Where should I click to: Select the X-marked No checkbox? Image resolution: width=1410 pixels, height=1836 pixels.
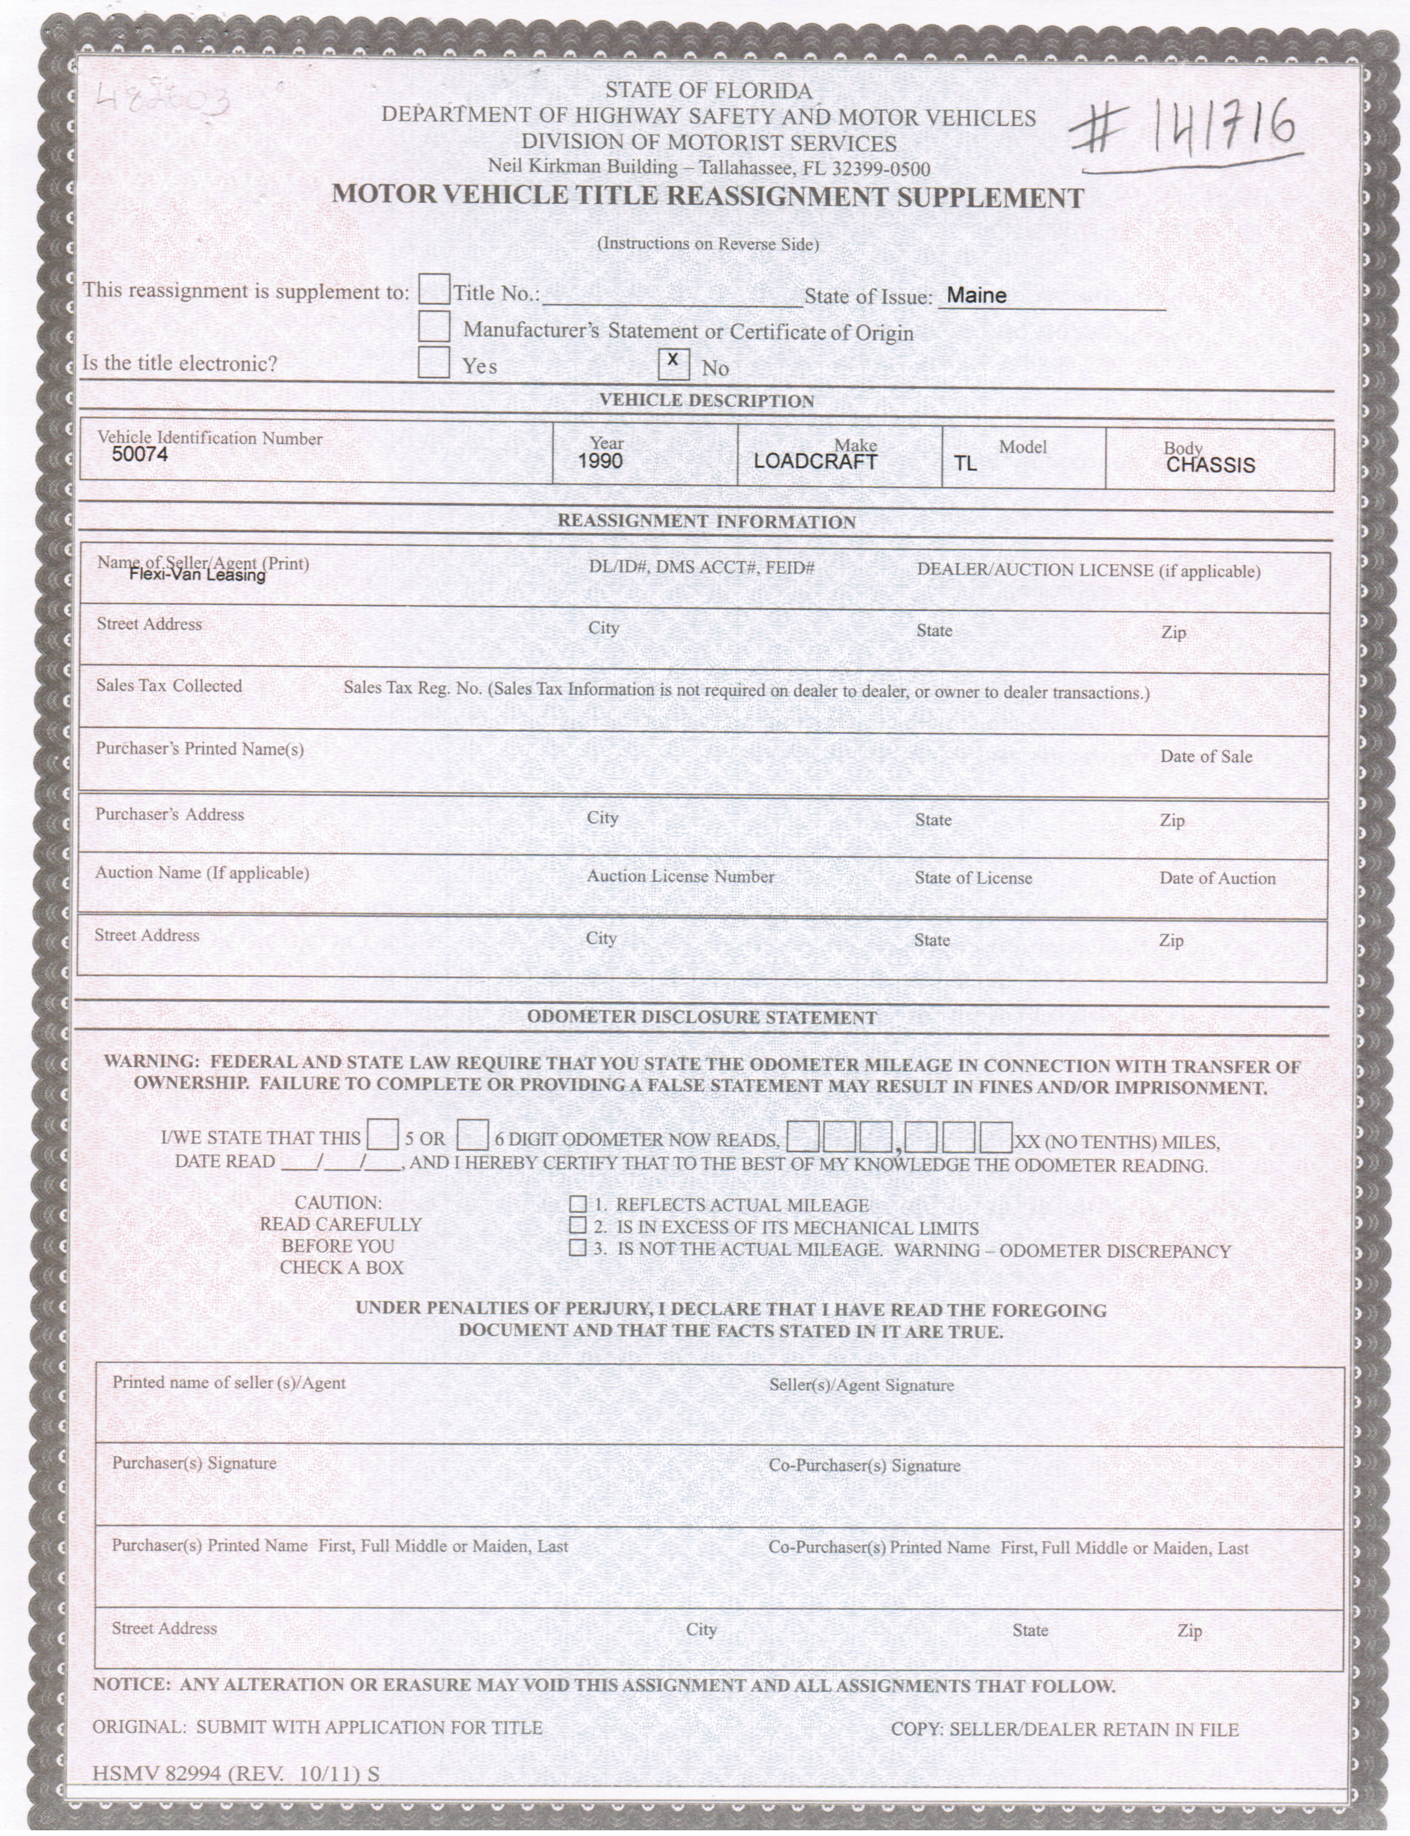[x=673, y=363]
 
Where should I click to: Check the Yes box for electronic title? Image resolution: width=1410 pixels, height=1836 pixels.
[x=434, y=363]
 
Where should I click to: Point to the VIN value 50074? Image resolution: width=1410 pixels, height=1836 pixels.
[x=139, y=455]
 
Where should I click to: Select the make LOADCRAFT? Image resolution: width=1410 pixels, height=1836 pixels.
[x=815, y=462]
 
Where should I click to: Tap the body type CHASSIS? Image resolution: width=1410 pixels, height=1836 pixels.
[x=1210, y=465]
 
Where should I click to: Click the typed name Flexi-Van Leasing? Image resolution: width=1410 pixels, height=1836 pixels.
[x=197, y=575]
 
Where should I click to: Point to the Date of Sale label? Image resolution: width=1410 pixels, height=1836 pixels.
[x=1205, y=756]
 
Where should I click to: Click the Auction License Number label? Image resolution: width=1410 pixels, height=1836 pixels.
[x=680, y=876]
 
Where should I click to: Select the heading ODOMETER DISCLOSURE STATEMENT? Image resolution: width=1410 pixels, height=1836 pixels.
[x=702, y=1018]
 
